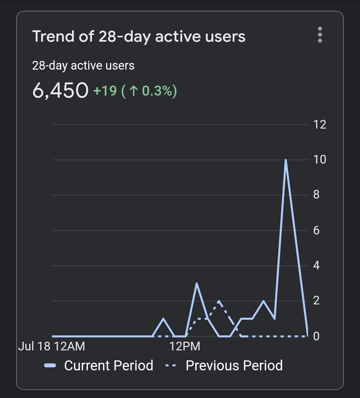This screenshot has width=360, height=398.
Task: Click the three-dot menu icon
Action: (320, 35)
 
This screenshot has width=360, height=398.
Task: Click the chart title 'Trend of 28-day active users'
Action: (139, 36)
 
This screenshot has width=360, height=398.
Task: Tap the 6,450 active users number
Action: (60, 90)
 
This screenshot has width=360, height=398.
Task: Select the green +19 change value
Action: (105, 91)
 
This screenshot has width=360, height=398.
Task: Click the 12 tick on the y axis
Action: (320, 125)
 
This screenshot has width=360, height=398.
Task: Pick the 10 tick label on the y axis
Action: (320, 160)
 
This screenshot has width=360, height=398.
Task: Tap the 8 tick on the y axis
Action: (316, 195)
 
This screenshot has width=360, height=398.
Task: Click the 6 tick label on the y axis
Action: (316, 230)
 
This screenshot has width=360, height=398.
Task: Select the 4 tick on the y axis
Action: (316, 265)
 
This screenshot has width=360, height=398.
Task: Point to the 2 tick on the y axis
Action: (316, 301)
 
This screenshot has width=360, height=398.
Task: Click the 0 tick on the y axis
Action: (316, 336)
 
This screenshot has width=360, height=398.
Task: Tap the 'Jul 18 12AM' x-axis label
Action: (52, 346)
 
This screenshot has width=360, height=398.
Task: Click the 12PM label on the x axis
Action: (185, 346)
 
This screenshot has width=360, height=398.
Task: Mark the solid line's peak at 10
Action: (286, 160)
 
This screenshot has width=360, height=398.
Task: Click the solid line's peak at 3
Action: (197, 283)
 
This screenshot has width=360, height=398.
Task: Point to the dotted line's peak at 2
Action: (219, 301)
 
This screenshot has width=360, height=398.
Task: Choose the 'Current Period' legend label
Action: (109, 365)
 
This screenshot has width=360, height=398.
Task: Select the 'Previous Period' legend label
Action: (234, 365)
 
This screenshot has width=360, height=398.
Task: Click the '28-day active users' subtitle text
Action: (83, 66)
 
